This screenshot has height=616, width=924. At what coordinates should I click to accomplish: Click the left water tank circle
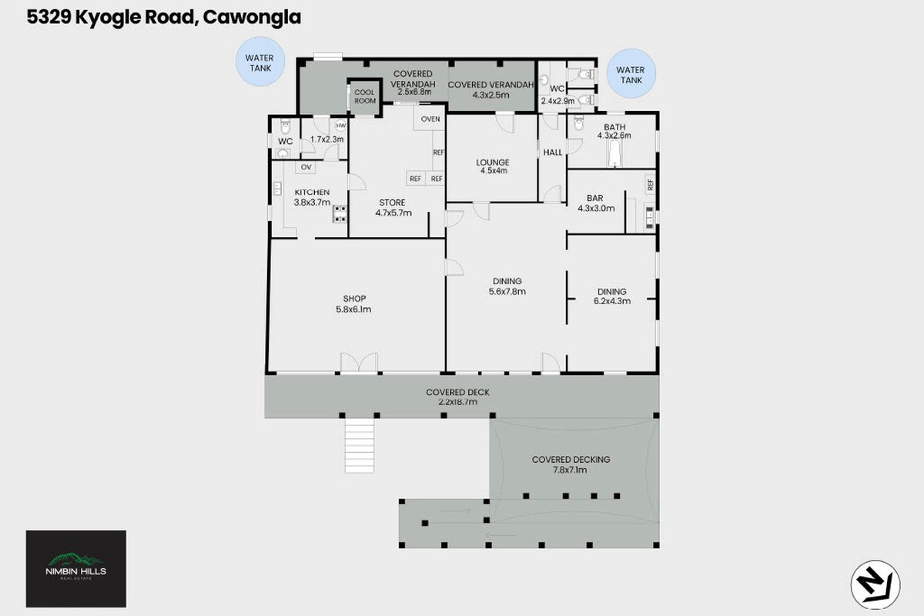click(x=259, y=63)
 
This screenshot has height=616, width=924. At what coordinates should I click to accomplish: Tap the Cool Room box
click(x=364, y=96)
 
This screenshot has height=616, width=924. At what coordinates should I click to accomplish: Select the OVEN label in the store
click(x=430, y=119)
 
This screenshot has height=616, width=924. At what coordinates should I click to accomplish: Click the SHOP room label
click(x=353, y=299)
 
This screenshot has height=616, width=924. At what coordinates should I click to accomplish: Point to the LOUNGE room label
click(x=493, y=162)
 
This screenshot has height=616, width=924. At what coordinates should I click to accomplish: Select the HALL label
click(x=553, y=152)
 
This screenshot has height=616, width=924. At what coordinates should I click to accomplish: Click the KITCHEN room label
click(x=311, y=192)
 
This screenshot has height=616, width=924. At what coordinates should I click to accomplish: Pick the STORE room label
click(x=391, y=203)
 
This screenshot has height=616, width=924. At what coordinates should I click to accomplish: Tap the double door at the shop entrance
click(x=360, y=363)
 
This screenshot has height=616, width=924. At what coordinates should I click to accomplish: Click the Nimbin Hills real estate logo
click(x=76, y=568)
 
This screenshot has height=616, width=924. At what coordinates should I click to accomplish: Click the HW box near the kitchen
click(x=340, y=126)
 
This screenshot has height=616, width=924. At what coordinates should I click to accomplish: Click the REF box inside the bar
click(x=650, y=185)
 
